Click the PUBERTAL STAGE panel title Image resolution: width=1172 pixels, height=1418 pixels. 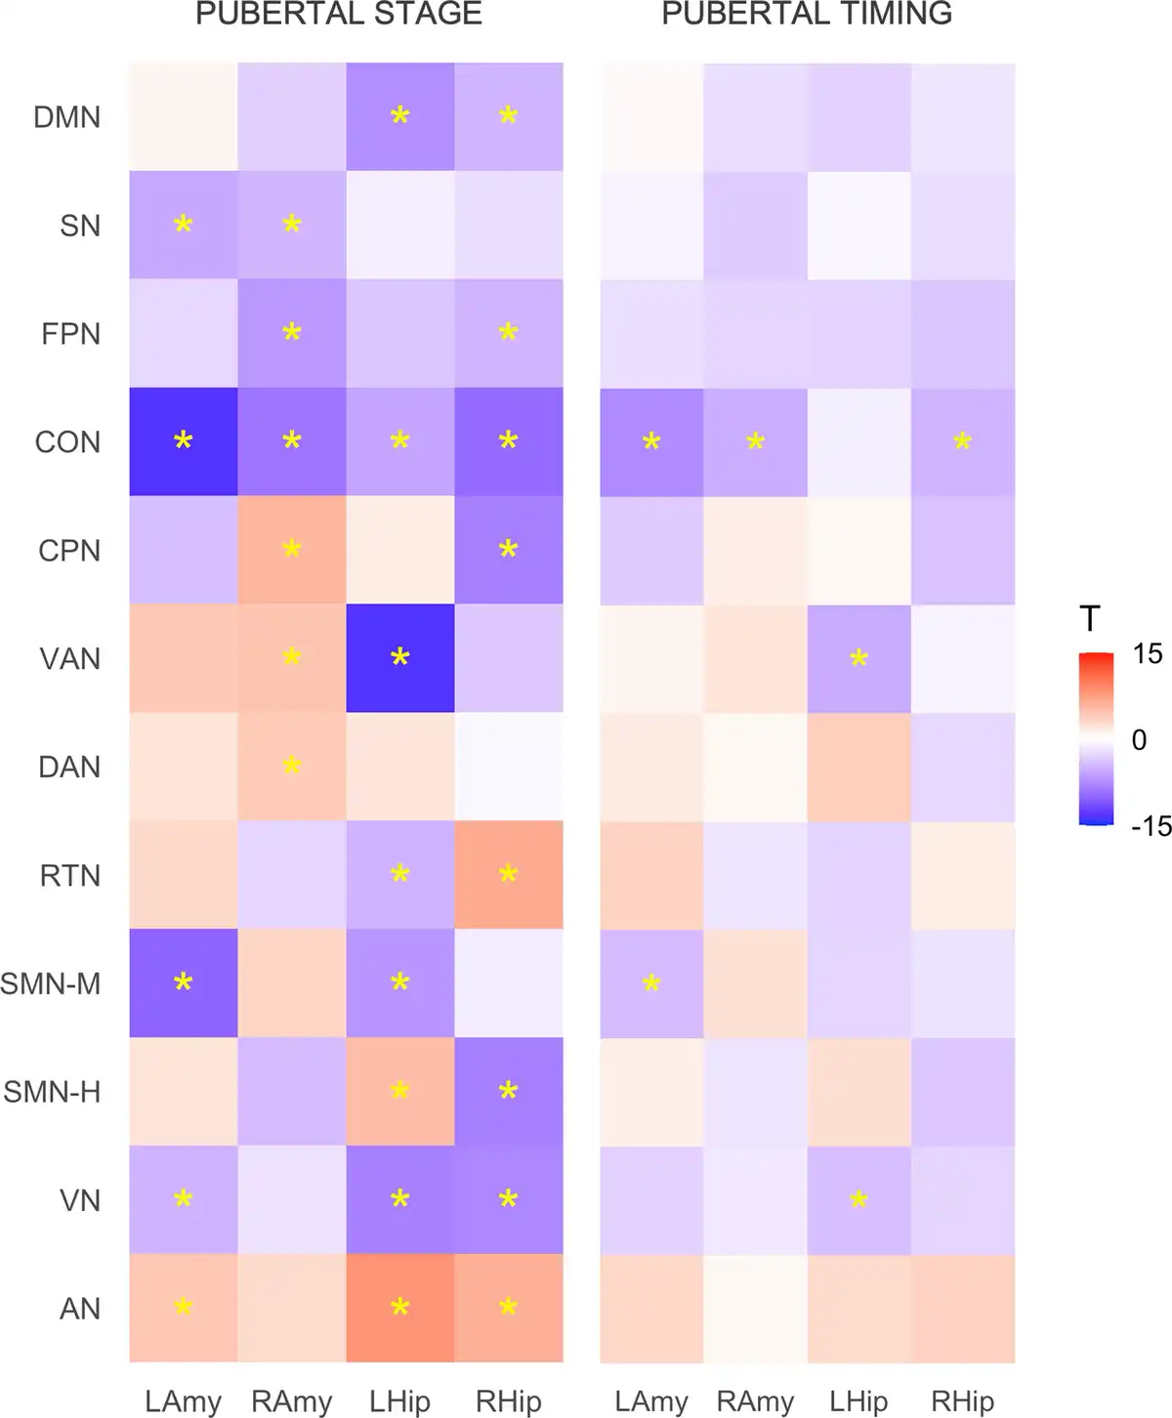[x=339, y=14]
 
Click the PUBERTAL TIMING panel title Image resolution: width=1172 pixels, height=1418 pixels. [x=807, y=14]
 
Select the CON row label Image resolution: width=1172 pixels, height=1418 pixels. [x=67, y=442]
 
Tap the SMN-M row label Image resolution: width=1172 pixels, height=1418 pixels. [x=51, y=983]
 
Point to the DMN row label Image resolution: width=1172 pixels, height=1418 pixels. [x=67, y=117]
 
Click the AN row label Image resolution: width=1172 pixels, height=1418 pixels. [x=80, y=1309]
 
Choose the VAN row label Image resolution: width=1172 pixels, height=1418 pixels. [x=69, y=659]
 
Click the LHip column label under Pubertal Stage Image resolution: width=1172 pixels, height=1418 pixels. [x=399, y=1402]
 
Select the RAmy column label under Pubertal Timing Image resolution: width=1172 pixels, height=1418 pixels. [x=755, y=1402]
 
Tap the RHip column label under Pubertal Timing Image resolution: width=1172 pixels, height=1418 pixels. [x=962, y=1402]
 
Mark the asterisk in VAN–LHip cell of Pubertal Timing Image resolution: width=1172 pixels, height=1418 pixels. [x=858, y=658]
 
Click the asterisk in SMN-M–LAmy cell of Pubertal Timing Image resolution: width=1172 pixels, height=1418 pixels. [x=651, y=983]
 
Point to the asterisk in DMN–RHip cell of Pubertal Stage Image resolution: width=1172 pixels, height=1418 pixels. [x=508, y=116]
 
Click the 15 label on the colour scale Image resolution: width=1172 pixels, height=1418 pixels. [x=1148, y=653]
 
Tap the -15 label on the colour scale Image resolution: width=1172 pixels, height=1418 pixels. [x=1151, y=826]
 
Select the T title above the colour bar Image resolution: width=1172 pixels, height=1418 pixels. [x=1090, y=619]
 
